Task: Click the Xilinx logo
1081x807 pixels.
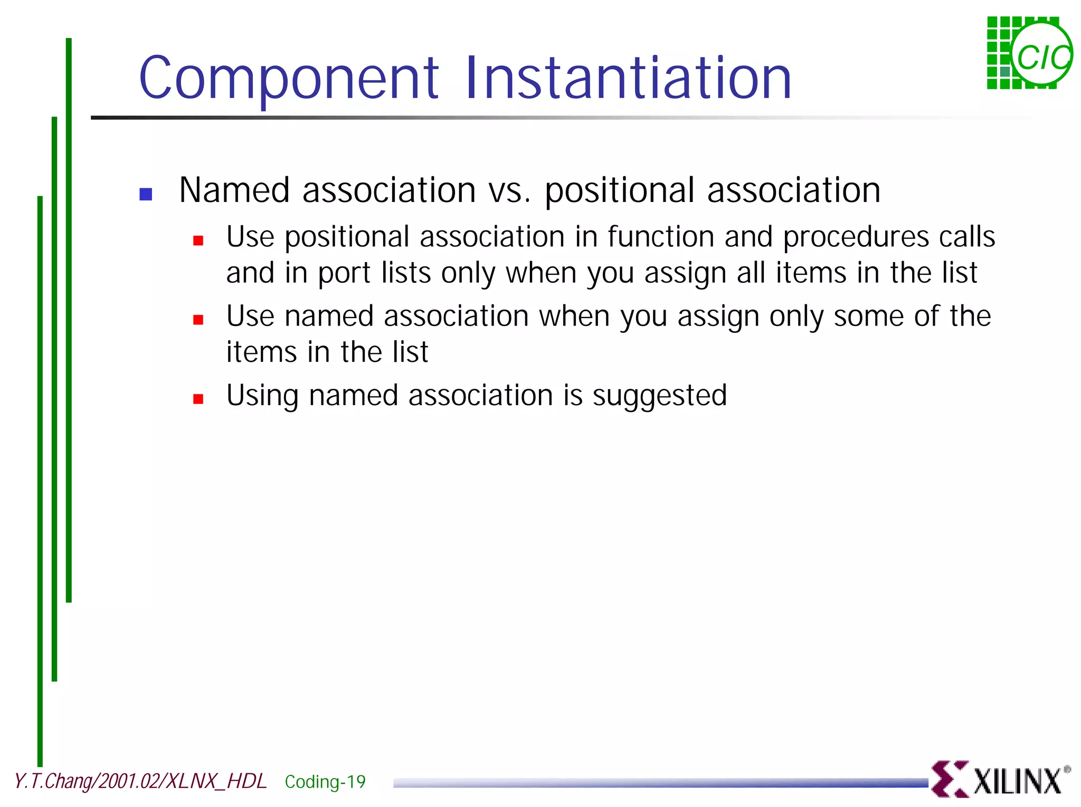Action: [x=1000, y=779]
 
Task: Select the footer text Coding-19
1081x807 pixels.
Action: [x=325, y=782]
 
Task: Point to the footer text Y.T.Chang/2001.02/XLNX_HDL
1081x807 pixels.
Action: [x=140, y=781]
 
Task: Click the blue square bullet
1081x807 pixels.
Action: [x=146, y=194]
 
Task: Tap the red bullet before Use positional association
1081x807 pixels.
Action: [x=198, y=241]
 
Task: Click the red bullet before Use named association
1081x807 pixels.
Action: [x=198, y=320]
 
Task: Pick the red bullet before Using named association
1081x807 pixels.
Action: [x=198, y=399]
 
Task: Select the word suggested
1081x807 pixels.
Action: [x=660, y=396]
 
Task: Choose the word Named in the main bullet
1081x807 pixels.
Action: [x=234, y=190]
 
